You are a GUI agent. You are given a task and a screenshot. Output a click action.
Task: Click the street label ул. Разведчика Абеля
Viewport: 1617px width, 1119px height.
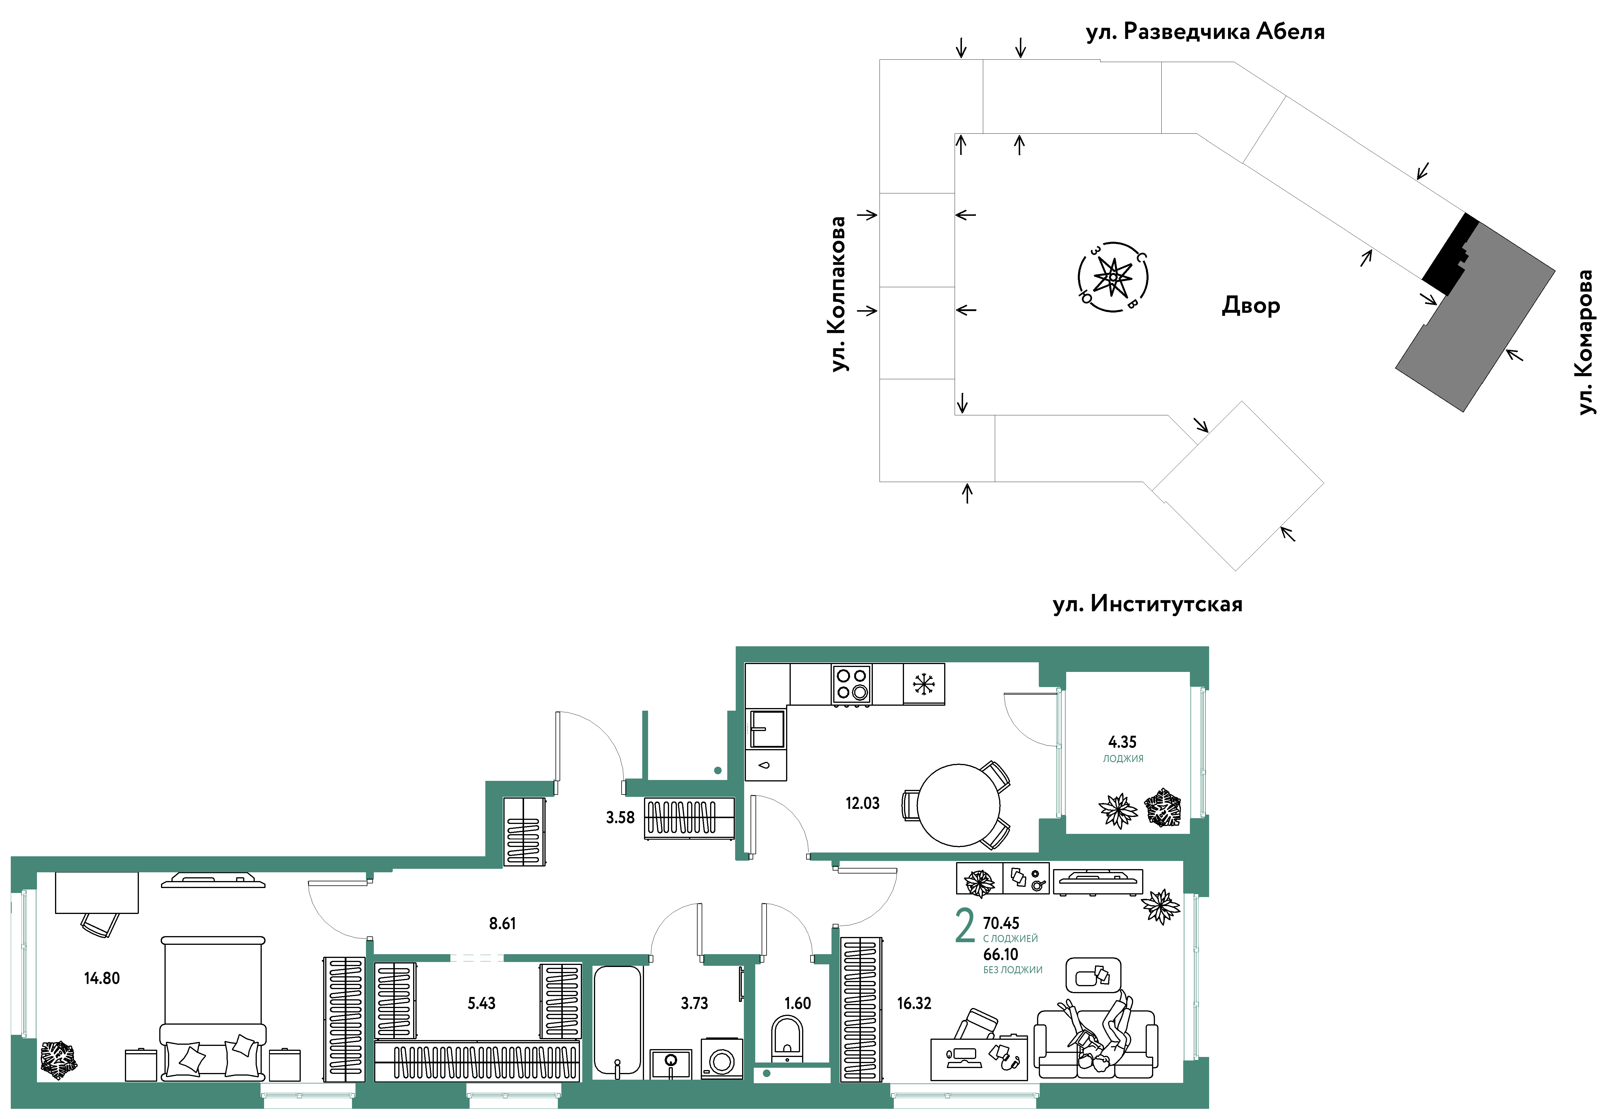(x=1205, y=31)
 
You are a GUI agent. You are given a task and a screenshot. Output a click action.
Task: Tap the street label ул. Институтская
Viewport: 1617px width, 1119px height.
(x=1147, y=604)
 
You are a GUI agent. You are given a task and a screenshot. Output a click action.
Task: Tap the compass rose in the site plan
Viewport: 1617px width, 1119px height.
(x=1112, y=277)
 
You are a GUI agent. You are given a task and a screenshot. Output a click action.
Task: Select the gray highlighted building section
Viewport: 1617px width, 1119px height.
(x=1476, y=315)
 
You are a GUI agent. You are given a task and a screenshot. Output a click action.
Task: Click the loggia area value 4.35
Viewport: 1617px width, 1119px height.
(x=1122, y=742)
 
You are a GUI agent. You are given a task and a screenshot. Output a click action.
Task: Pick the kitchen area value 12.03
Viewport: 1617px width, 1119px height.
(x=862, y=804)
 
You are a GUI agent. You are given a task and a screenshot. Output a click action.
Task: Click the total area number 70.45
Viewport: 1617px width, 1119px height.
(x=1001, y=923)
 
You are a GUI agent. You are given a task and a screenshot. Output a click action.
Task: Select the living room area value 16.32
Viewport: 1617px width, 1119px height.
(x=914, y=1003)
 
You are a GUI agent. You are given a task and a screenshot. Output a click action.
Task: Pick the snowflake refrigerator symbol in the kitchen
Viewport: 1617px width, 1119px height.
(x=924, y=684)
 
